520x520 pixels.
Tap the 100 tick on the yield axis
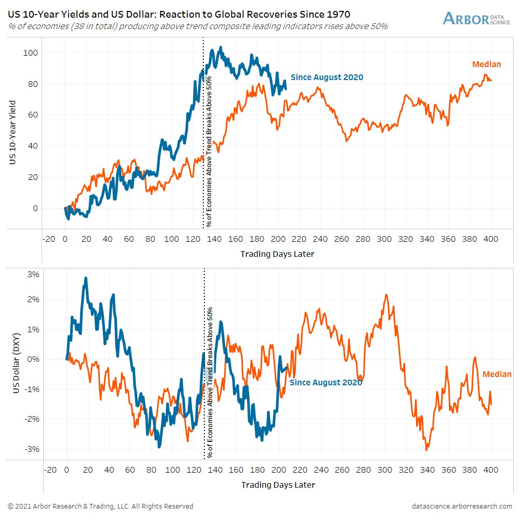[x=32, y=53]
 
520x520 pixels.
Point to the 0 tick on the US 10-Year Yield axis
[x=35, y=208]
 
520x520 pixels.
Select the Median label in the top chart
[x=486, y=64]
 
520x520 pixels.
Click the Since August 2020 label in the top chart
[x=327, y=77]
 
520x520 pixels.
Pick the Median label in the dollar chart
[x=497, y=374]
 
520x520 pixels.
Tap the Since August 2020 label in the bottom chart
[x=326, y=383]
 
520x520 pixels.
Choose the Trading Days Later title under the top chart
[x=277, y=254]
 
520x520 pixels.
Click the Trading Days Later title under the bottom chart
[x=278, y=485]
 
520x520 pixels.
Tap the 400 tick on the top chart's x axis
[x=491, y=239]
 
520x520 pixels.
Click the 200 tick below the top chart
[x=278, y=239]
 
